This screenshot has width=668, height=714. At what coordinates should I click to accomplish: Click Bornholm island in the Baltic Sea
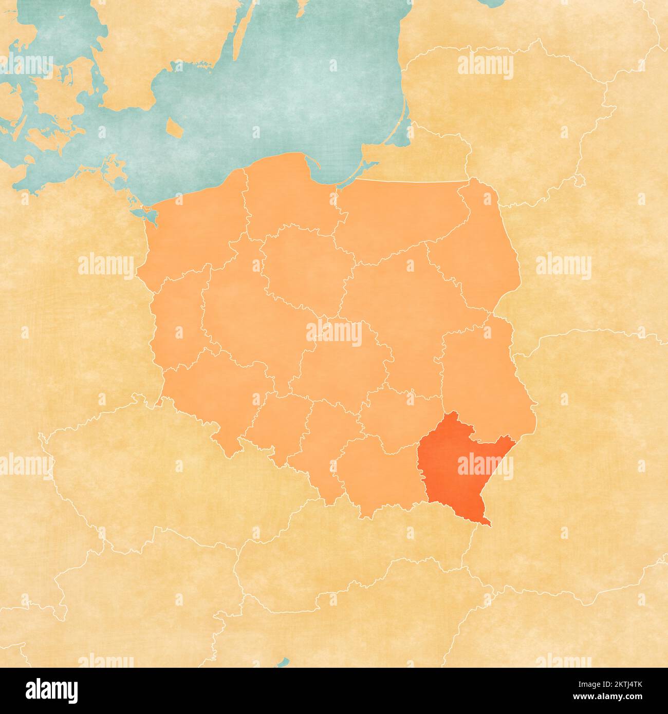[175, 127]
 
